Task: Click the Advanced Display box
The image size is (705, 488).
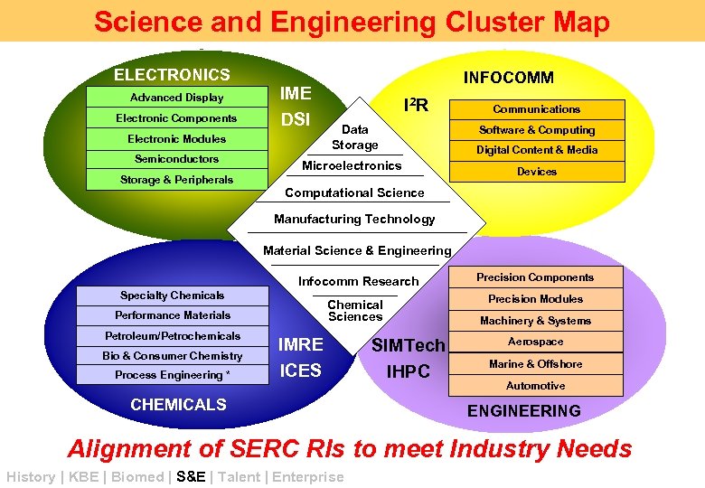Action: [x=176, y=98]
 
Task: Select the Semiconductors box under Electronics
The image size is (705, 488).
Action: [x=176, y=159]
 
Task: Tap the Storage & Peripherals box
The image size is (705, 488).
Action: [x=176, y=180]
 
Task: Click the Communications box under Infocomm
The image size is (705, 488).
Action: [x=536, y=109]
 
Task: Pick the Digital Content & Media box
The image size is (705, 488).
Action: [x=536, y=150]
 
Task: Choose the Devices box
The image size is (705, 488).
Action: [x=536, y=172]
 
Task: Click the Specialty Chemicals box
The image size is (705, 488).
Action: [x=172, y=296]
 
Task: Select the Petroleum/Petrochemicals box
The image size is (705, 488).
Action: [x=172, y=336]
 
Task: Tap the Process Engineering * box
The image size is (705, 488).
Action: [x=172, y=375]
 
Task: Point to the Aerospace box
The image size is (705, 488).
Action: [x=535, y=342]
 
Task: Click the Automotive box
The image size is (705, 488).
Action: [x=535, y=386]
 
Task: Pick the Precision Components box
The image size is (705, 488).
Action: [x=535, y=277]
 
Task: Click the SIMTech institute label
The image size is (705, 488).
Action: [x=409, y=345]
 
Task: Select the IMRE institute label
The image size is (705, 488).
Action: [x=301, y=345]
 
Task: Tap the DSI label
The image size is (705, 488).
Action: [x=296, y=119]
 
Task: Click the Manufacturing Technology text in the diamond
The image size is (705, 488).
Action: [x=354, y=219]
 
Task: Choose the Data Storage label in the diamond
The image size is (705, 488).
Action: [x=354, y=137]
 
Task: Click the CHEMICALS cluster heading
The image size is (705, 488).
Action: [x=178, y=405]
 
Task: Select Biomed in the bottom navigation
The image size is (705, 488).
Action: [x=137, y=477]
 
